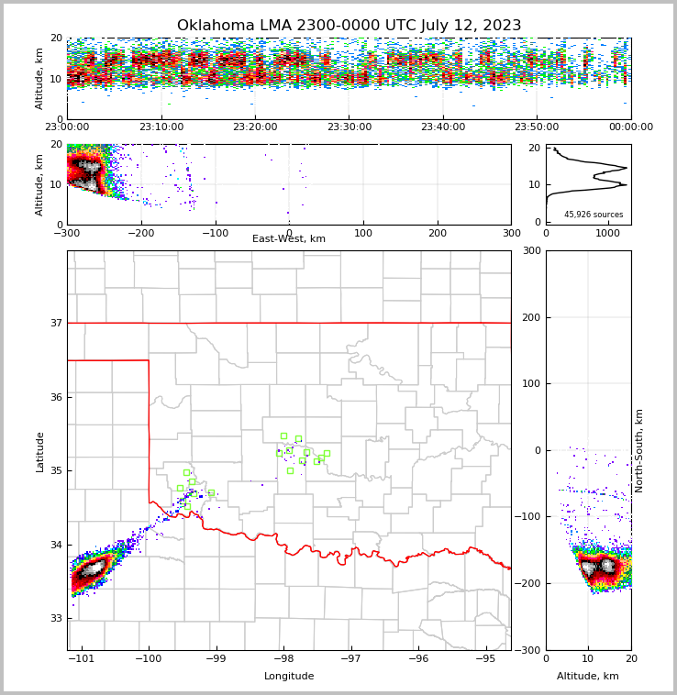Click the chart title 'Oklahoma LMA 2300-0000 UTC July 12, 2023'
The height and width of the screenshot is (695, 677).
349,26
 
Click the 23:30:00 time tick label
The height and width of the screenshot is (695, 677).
350,127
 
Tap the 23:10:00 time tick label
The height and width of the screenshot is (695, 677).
161,127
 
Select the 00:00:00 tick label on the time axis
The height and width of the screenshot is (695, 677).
630,127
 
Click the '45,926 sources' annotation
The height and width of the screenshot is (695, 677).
594,215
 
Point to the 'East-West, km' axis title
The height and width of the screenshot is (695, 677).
289,239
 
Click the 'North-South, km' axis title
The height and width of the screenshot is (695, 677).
639,450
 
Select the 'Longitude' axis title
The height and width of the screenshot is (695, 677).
289,677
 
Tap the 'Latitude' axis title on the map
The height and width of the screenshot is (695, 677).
39,451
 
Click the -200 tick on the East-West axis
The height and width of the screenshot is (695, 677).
140,233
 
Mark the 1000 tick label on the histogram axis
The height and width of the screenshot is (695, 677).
608,233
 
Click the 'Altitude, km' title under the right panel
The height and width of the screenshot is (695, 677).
588,677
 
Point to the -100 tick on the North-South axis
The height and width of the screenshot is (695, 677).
529,517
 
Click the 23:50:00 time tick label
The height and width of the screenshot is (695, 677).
537,127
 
